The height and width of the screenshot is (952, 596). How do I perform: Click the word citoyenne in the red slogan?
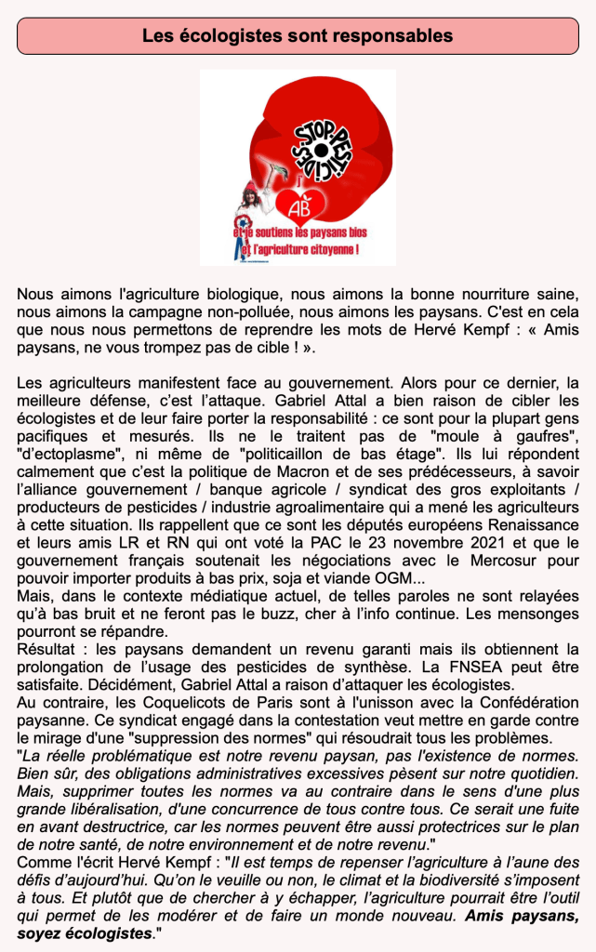(x=326, y=250)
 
